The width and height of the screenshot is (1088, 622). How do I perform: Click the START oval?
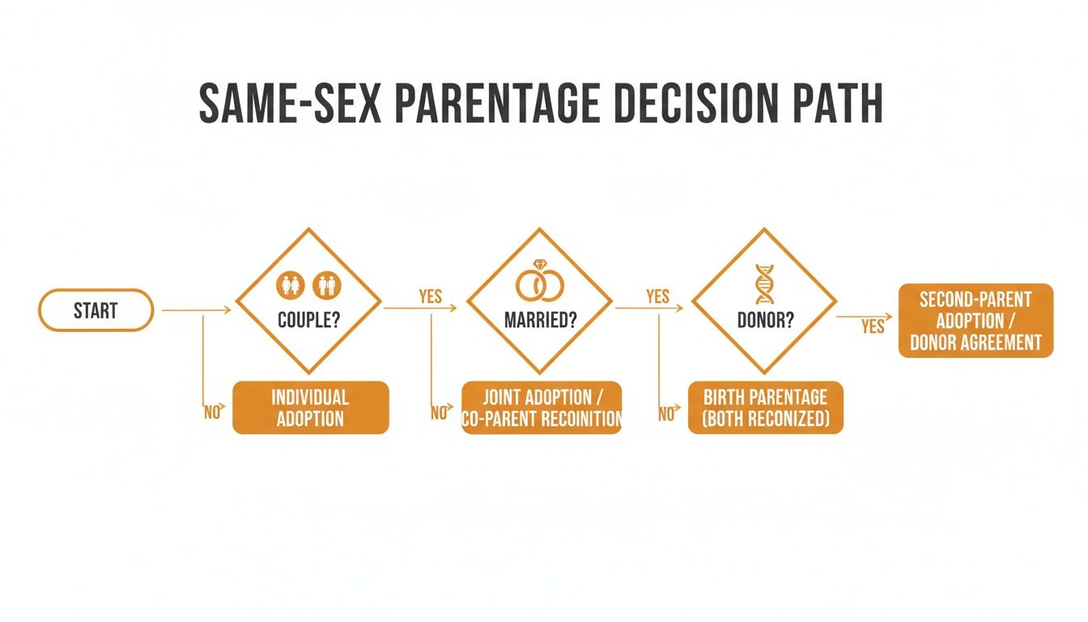click(96, 310)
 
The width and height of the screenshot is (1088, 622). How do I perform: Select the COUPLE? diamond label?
click(308, 320)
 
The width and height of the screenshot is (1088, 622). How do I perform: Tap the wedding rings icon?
click(540, 283)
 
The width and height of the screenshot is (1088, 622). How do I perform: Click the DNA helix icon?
click(763, 283)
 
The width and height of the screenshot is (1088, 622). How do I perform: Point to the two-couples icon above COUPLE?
click(309, 284)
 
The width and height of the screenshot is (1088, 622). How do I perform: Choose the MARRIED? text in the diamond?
click(540, 320)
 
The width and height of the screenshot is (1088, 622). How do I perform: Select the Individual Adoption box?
click(310, 407)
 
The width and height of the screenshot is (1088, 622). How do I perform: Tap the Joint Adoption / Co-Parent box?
click(542, 407)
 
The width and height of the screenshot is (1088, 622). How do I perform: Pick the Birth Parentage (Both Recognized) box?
click(765, 407)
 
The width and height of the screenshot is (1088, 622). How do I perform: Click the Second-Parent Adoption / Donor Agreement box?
click(975, 320)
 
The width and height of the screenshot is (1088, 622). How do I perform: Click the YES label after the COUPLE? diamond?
click(430, 296)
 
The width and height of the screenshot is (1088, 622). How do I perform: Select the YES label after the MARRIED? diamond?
click(657, 296)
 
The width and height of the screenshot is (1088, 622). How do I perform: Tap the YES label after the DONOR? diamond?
click(873, 326)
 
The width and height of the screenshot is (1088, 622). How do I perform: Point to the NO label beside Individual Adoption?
click(212, 412)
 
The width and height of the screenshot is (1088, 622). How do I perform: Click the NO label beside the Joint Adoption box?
click(440, 413)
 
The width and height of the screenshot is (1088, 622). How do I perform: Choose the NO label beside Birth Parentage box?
click(666, 414)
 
